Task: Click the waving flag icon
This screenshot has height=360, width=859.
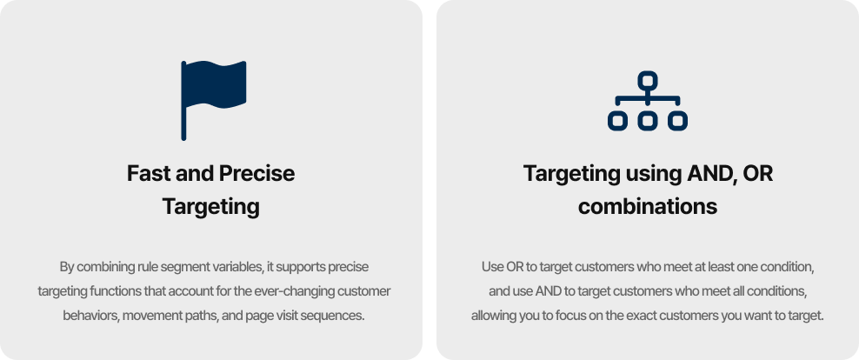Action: pyautogui.click(x=214, y=100)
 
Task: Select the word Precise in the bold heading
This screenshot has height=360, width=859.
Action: pyautogui.click(x=257, y=174)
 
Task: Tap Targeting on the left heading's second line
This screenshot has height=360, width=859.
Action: pyautogui.click(x=211, y=208)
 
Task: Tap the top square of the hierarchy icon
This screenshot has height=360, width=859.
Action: pyautogui.click(x=648, y=81)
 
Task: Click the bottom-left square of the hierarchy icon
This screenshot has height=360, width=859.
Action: pyautogui.click(x=617, y=121)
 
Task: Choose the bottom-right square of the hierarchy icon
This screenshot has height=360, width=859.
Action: pyautogui.click(x=677, y=121)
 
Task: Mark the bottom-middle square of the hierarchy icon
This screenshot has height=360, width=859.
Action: pyautogui.click(x=648, y=121)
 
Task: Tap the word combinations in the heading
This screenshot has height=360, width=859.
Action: pyautogui.click(x=648, y=207)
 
